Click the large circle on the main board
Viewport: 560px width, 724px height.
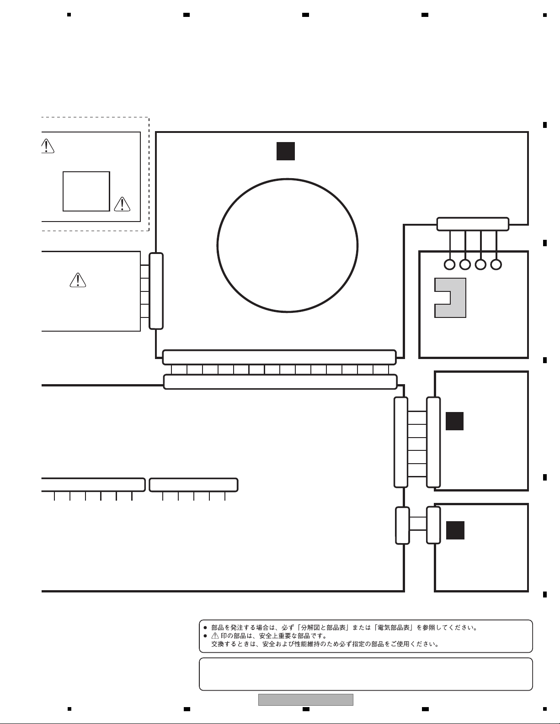pyautogui.click(x=217, y=246)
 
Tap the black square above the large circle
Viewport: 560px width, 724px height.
pyautogui.click(x=286, y=151)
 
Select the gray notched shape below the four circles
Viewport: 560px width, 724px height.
pyautogui.click(x=459, y=298)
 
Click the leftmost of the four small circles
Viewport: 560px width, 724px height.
pyautogui.click(x=450, y=265)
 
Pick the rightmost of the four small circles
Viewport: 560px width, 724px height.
pyautogui.click(x=496, y=265)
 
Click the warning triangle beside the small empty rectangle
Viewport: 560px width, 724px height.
pyautogui.click(x=122, y=204)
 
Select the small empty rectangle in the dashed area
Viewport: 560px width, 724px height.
pyautogui.click(x=86, y=172)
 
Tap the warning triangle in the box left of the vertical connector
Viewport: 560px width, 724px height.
pyautogui.click(x=78, y=280)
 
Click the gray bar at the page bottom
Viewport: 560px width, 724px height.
pyautogui.click(x=306, y=700)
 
